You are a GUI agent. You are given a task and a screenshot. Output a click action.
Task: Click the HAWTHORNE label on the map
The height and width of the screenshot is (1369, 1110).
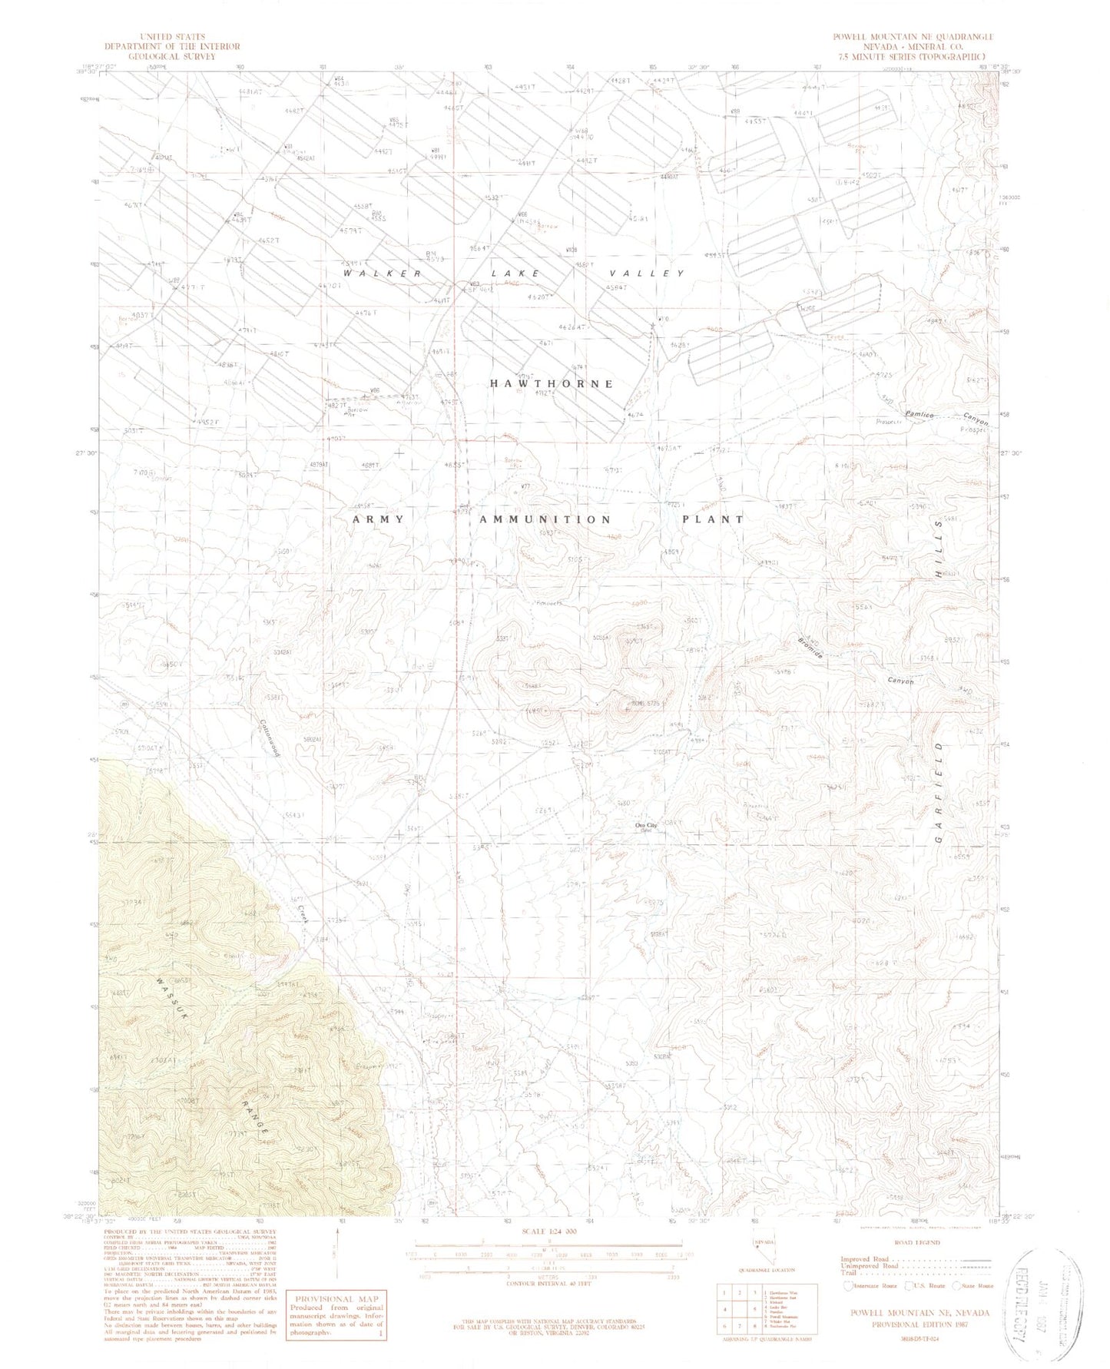click(551, 383)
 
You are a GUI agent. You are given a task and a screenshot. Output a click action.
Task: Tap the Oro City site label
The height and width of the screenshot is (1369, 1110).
click(649, 826)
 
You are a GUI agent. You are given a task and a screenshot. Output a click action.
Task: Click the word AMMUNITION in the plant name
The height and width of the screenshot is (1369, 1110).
click(545, 519)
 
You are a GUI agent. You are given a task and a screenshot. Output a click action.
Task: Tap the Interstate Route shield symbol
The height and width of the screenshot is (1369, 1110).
click(847, 1285)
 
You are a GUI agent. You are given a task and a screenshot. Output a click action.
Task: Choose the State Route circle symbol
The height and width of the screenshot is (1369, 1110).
click(957, 1285)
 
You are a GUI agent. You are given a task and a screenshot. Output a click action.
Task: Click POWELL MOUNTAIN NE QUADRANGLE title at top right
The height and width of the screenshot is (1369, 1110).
click(914, 37)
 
